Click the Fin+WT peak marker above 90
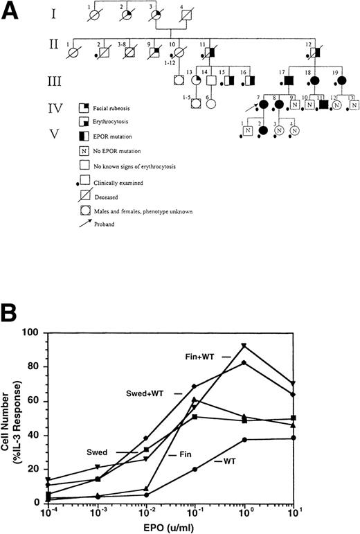[263, 346]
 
